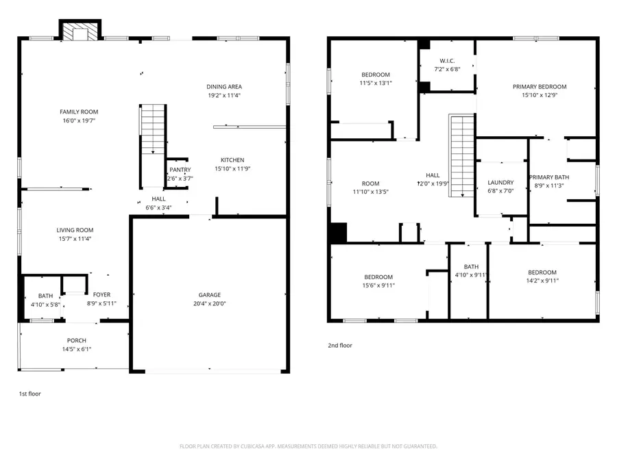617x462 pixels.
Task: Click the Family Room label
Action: tap(79, 112)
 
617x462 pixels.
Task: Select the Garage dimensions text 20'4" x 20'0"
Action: tap(210, 304)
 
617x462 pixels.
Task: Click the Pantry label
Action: tap(180, 170)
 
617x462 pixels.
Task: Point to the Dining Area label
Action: tap(224, 86)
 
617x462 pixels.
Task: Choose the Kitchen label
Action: tap(232, 160)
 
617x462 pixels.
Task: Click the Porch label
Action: tap(76, 340)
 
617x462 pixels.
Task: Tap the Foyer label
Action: tap(101, 295)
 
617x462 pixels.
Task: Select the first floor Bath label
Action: tap(45, 296)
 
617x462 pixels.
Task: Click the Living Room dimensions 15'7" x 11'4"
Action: tap(75, 239)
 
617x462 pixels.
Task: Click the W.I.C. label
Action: tap(447, 61)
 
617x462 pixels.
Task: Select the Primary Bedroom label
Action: tap(540, 86)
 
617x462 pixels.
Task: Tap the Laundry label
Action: tap(500, 182)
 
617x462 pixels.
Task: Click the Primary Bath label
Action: tap(549, 177)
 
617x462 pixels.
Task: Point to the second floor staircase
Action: tap(461, 155)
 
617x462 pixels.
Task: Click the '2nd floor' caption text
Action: tap(340, 346)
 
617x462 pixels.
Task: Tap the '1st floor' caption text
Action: tap(29, 394)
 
